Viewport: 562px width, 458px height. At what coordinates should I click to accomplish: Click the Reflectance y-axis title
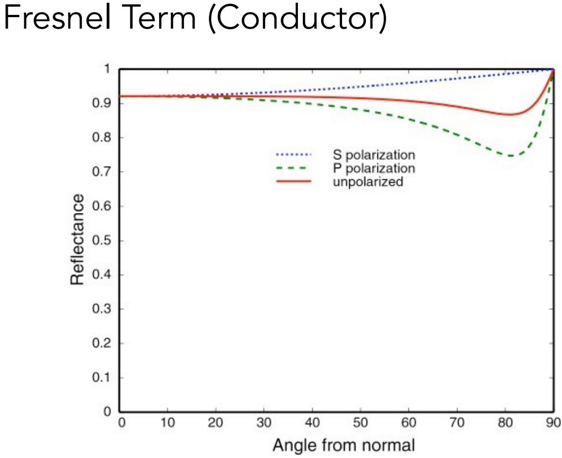point(77,239)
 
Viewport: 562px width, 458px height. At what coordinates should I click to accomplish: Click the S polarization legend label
point(374,154)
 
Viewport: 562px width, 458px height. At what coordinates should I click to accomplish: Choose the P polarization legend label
point(374,168)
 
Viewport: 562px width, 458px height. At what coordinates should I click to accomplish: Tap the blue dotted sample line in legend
point(293,154)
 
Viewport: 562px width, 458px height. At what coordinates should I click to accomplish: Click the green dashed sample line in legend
point(293,168)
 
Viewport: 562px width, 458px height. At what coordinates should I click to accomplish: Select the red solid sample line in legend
point(293,181)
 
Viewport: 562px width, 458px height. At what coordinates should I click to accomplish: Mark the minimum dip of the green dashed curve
point(511,156)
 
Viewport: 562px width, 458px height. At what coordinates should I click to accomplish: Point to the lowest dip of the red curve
point(510,114)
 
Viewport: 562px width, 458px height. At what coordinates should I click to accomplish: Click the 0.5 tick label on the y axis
point(105,241)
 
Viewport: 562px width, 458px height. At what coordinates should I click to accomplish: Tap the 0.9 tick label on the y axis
point(105,103)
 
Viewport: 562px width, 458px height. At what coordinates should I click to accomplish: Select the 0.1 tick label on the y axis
point(105,378)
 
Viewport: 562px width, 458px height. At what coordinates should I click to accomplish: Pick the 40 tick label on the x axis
point(313,424)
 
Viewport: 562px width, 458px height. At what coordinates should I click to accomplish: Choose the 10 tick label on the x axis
point(168,424)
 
